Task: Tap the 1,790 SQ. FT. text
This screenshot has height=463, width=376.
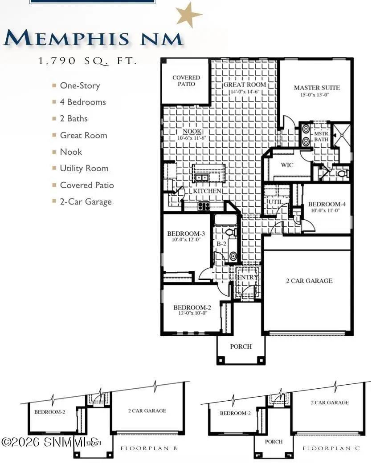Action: (88, 62)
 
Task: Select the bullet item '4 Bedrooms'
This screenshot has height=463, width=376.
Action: (83, 102)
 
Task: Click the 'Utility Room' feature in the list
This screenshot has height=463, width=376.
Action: (84, 168)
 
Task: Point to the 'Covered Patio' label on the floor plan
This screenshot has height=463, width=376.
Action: (186, 81)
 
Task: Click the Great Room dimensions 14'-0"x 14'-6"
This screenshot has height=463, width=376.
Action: (245, 92)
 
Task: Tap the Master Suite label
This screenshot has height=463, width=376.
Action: (316, 88)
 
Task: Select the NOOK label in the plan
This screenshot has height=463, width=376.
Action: (192, 132)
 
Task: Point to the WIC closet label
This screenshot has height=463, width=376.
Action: (287, 165)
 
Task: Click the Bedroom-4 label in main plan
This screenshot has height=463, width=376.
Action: (327, 205)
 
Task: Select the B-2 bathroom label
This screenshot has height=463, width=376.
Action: (221, 244)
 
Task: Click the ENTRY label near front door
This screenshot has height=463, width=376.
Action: (247, 278)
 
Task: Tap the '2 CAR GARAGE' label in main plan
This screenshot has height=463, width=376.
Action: (309, 281)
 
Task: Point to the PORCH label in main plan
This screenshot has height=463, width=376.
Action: (241, 346)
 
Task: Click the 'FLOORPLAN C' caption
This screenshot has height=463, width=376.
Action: (331, 448)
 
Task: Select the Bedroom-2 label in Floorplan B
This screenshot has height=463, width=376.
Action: (49, 412)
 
